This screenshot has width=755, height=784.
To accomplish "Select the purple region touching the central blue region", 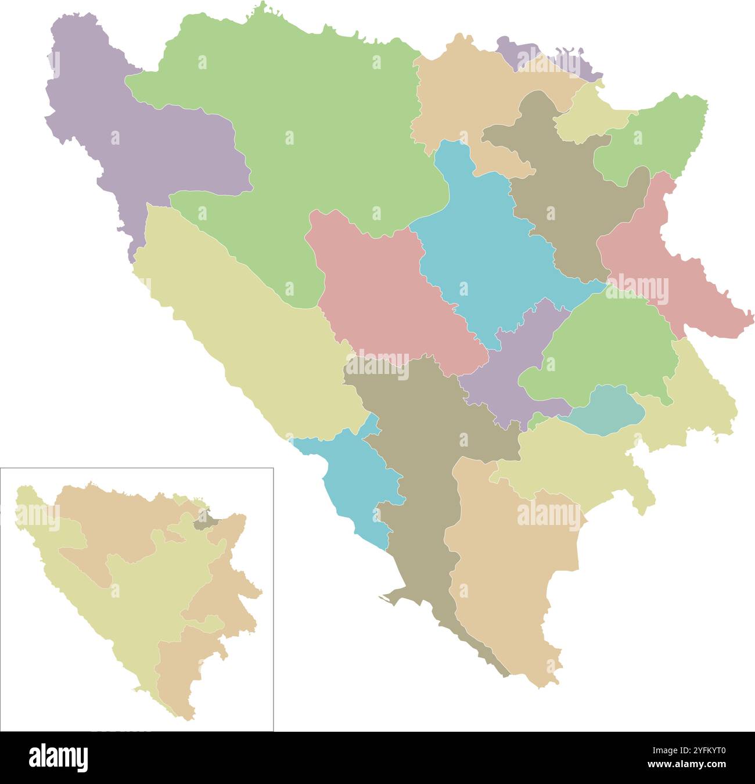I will [511, 372].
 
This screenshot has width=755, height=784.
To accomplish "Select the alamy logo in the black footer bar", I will [59, 757].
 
